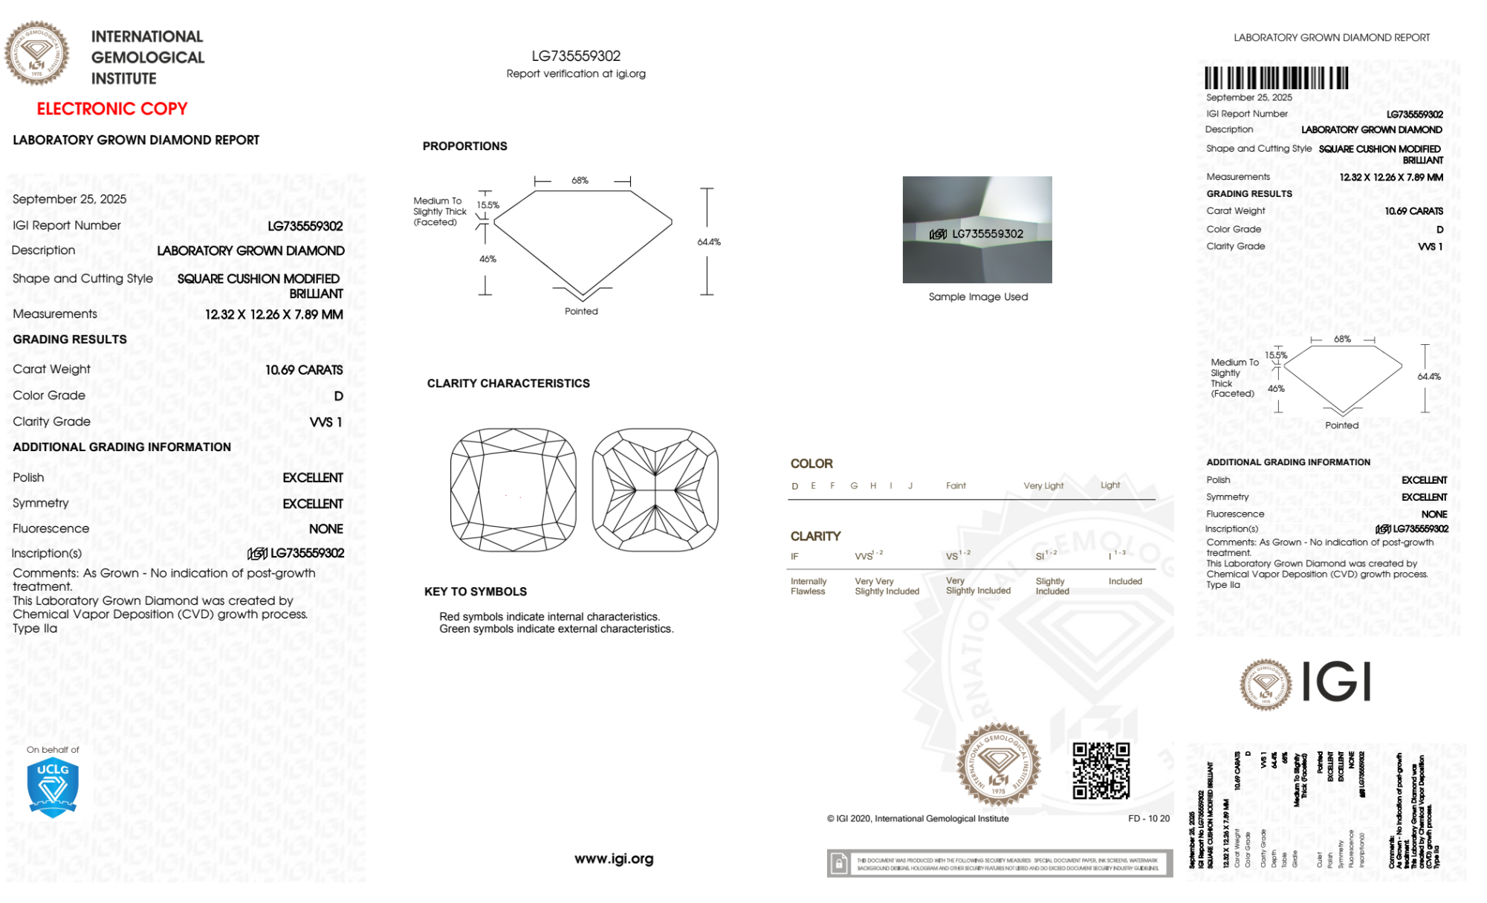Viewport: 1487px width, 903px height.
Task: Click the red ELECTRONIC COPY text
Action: click(112, 109)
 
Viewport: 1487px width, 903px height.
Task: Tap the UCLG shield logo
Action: click(53, 788)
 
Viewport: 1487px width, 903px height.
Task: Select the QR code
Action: click(1101, 771)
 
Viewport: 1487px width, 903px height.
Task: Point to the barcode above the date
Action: click(1276, 78)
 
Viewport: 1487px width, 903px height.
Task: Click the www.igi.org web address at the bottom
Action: click(614, 858)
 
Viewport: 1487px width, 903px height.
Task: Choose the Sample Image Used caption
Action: click(978, 297)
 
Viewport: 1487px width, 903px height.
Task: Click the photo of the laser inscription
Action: click(977, 230)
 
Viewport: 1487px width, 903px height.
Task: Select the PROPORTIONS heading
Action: click(464, 146)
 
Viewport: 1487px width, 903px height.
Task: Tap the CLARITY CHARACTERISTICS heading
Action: click(508, 383)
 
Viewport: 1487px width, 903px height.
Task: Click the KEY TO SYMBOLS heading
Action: click(476, 592)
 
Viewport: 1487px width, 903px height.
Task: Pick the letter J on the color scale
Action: click(910, 486)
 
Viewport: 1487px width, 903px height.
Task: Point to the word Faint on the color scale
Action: click(956, 486)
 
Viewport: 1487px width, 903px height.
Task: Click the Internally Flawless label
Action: click(809, 586)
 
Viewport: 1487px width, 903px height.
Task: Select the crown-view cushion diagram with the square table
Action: click(514, 490)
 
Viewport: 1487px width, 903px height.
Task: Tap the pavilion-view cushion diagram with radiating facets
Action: click(655, 490)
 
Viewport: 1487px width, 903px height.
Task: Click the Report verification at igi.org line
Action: click(576, 74)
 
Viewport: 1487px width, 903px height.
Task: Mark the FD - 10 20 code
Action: click(1148, 818)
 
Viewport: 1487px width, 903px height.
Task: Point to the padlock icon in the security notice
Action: click(839, 864)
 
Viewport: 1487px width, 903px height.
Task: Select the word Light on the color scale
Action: click(1110, 485)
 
